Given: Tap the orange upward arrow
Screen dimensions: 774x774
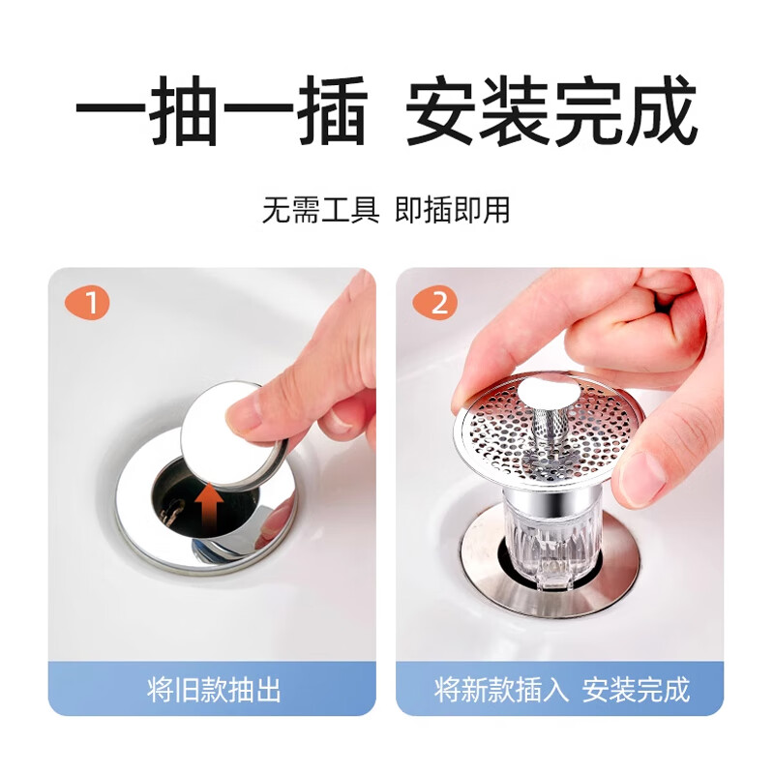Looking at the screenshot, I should [x=207, y=510].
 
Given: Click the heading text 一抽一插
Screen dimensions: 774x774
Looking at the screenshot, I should [x=222, y=113].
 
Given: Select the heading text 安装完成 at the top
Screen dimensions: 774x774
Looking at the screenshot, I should [x=551, y=113].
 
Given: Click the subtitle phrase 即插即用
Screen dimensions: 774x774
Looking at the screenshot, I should [x=452, y=210].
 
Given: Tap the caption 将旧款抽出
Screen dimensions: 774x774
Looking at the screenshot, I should [x=214, y=690].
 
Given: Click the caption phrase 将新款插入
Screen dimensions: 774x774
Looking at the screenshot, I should [x=502, y=690].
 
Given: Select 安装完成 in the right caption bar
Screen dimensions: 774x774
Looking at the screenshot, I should [x=636, y=690].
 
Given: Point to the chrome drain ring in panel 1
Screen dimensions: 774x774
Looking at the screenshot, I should [x=135, y=522].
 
